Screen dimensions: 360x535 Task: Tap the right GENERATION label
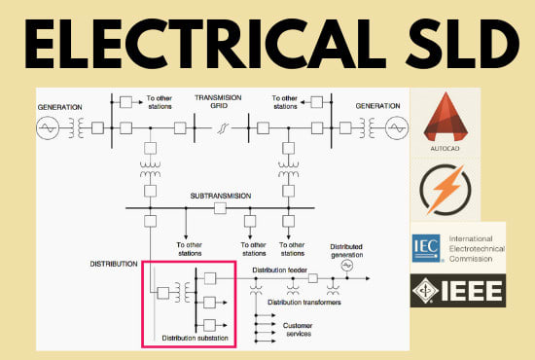point(378,104)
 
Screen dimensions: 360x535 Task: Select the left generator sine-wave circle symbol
point(49,127)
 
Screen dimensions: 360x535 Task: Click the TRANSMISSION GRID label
point(217,103)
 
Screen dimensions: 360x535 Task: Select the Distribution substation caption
point(195,338)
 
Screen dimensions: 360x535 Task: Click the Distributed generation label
point(346,250)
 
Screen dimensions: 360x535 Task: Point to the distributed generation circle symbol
point(347,266)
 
